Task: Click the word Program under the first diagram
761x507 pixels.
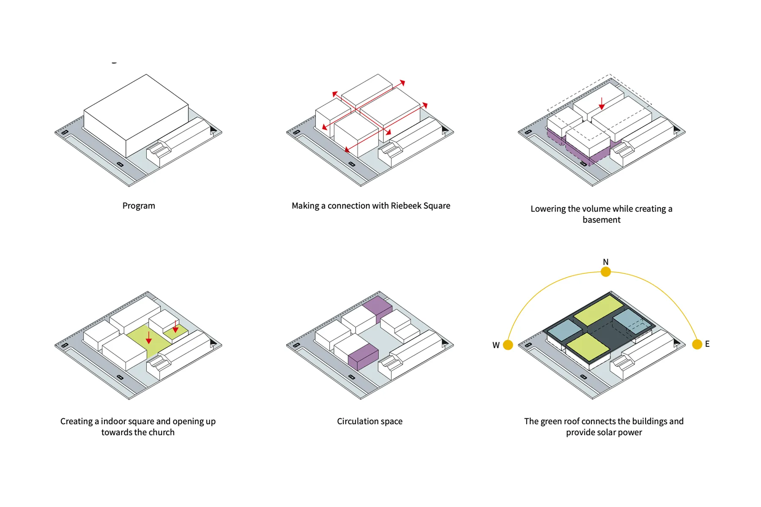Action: (139, 206)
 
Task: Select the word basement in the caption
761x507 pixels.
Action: (601, 220)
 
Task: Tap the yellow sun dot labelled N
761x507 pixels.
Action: (605, 272)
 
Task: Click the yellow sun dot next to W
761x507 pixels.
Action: (508, 345)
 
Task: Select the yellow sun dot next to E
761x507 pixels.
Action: (697, 344)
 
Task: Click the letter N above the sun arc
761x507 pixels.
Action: (605, 262)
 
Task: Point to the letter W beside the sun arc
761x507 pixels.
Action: (496, 345)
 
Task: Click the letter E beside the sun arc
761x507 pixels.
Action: (707, 344)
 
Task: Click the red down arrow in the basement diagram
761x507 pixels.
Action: (602, 104)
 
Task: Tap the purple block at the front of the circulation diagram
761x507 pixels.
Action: (363, 357)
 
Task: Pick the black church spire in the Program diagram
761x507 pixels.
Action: (213, 129)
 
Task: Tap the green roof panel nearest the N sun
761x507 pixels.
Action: (598, 309)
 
